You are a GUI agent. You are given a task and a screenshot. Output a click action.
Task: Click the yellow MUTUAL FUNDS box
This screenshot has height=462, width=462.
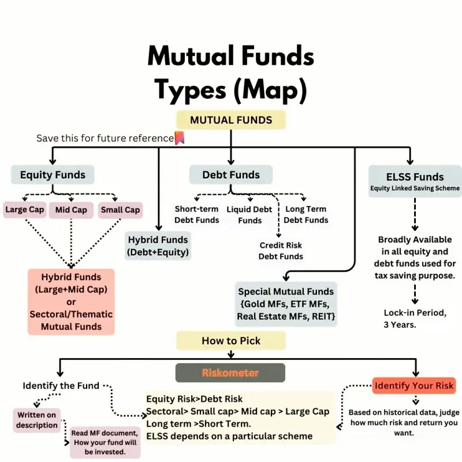[x=231, y=120]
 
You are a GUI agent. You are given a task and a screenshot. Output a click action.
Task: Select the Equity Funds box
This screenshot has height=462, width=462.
[x=53, y=175]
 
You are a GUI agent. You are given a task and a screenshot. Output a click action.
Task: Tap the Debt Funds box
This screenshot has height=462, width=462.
[x=231, y=175]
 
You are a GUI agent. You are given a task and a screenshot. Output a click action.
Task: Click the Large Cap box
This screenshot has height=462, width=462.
[x=25, y=210]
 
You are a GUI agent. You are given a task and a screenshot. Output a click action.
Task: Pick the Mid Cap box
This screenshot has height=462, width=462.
[x=71, y=210]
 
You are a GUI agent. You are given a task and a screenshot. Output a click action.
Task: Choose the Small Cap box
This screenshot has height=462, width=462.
[x=120, y=210]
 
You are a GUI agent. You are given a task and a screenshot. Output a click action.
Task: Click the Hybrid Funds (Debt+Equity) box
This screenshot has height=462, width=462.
[x=158, y=246]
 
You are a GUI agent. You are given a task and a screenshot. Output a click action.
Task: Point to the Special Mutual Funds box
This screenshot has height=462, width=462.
[x=286, y=304]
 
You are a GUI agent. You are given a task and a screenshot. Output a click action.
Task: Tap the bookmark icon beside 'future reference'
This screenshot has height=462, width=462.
[x=180, y=138]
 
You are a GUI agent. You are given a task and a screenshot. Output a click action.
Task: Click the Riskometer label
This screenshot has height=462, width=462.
[x=230, y=372]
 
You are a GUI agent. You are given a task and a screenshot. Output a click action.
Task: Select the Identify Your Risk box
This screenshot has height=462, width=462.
[x=414, y=385]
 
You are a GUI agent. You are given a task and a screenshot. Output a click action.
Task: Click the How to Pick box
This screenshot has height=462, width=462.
[x=231, y=341]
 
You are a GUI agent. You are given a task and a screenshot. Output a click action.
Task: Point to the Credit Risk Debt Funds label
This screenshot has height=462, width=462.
[x=281, y=251]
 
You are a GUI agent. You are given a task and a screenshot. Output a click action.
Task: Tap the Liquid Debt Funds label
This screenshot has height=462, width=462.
[x=249, y=215]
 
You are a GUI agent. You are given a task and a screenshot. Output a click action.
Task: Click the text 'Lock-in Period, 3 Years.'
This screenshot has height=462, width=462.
[x=415, y=319]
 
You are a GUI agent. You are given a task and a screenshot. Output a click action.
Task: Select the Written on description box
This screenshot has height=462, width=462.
[x=37, y=420]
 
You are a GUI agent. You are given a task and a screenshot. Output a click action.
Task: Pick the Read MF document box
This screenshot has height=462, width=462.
[x=105, y=442]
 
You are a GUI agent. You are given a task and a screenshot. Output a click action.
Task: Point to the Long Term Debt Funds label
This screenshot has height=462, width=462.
[x=306, y=214]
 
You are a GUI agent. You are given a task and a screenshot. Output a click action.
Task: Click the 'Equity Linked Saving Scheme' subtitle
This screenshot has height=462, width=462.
[x=415, y=188]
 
